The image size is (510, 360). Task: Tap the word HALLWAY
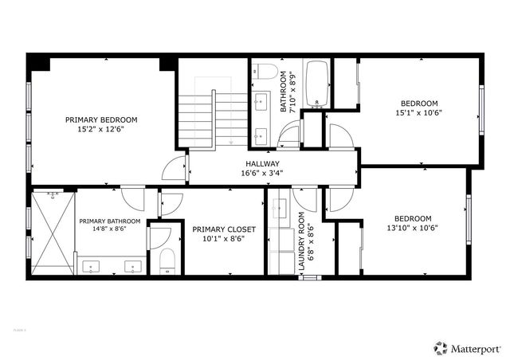click(262, 163)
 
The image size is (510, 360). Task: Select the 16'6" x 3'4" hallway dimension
click(262, 173)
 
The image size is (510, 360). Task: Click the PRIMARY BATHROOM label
click(109, 221)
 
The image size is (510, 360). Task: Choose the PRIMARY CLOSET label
click(219, 229)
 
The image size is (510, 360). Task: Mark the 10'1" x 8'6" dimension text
click(219, 238)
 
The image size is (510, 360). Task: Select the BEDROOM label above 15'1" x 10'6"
click(419, 103)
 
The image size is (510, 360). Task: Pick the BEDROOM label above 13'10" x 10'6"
click(412, 218)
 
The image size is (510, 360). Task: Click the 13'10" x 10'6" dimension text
click(412, 228)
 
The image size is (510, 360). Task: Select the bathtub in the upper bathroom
click(317, 83)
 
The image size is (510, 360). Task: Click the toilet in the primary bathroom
click(167, 261)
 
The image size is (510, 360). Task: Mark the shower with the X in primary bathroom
click(53, 232)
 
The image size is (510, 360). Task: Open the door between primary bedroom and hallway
click(175, 168)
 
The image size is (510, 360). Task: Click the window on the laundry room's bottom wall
click(307, 277)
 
